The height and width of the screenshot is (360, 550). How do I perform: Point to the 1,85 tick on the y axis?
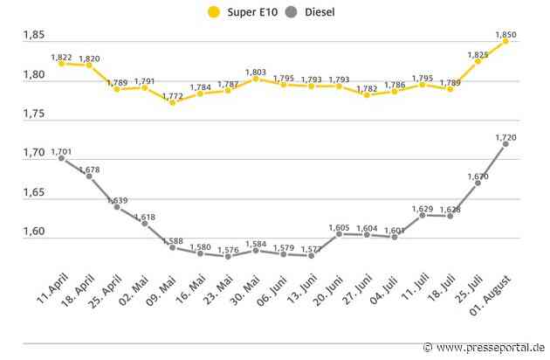(x=34, y=35)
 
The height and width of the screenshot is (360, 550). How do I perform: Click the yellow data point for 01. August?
(x=505, y=41)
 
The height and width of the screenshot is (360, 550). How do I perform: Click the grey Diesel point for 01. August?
(x=505, y=144)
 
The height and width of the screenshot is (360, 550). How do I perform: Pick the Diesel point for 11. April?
(x=61, y=159)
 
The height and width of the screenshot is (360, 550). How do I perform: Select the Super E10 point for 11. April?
(x=61, y=63)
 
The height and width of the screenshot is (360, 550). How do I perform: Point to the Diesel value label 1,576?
(x=228, y=248)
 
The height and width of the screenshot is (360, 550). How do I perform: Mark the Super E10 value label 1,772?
(x=172, y=94)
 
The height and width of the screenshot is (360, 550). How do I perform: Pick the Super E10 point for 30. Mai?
(x=256, y=79)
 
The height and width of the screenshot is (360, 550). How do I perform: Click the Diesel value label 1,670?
(x=478, y=176)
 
